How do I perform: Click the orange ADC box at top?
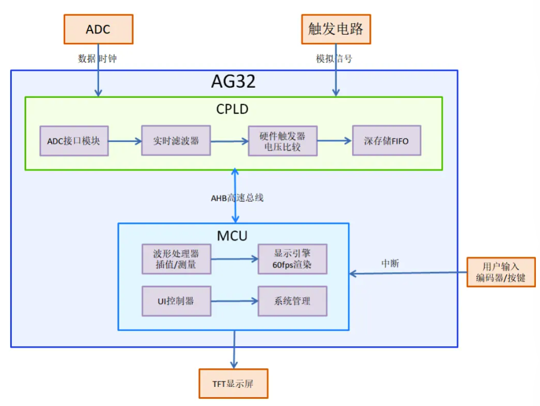[98, 29]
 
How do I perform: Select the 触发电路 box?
[336, 29]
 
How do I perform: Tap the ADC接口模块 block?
[74, 141]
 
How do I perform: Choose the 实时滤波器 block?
[175, 141]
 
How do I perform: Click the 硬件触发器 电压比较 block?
[282, 141]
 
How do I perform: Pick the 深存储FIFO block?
[386, 141]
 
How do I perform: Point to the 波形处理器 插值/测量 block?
[176, 259]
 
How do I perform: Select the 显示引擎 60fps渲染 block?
[292, 259]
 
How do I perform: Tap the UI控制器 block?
[176, 301]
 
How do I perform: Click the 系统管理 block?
[292, 301]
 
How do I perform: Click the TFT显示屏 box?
[233, 383]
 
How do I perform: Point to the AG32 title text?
[233, 81]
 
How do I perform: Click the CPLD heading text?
[232, 109]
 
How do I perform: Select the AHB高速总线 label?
[237, 198]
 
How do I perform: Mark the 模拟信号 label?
[334, 59]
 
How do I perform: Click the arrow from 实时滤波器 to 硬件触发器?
[229, 142]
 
